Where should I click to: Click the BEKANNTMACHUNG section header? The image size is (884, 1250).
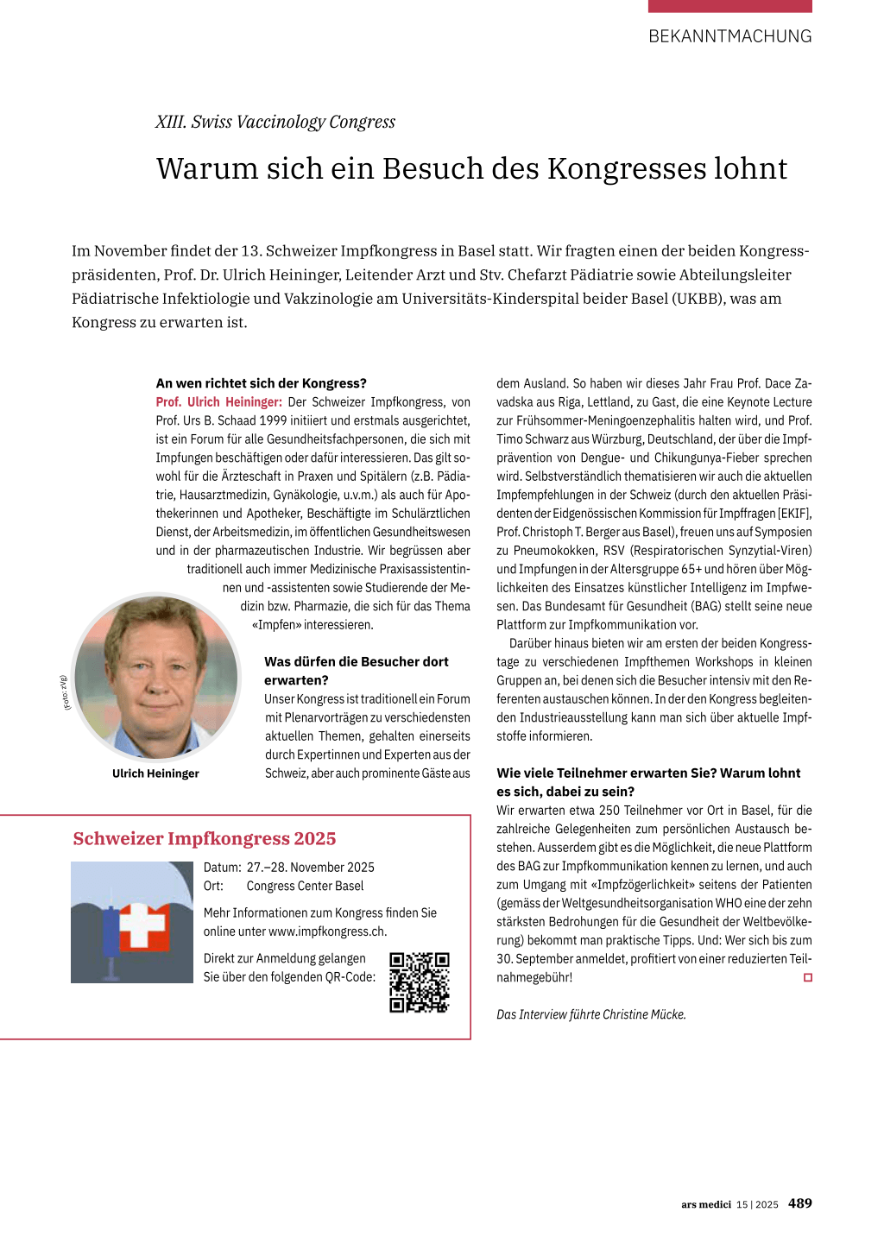point(729,36)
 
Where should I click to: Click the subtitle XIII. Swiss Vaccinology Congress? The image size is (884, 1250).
point(275,122)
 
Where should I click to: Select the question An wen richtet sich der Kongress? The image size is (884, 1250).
point(261,383)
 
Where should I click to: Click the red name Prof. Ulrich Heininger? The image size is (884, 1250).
point(218,402)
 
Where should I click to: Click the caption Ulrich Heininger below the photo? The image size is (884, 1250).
point(155,773)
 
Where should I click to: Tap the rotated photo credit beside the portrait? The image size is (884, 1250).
point(64,692)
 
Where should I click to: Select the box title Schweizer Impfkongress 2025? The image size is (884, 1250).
point(204,838)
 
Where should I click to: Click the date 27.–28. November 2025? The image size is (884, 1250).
point(311,868)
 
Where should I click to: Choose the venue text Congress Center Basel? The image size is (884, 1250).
point(305,887)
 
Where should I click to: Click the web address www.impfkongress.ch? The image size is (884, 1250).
point(327,931)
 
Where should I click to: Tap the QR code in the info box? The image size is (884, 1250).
point(420,982)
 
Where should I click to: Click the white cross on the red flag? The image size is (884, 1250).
point(142,925)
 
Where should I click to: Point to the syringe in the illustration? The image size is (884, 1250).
point(110,937)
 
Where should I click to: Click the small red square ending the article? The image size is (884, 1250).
point(808,978)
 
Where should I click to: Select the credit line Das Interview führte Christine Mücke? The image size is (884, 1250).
point(590,1014)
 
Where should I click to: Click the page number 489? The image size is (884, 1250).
point(800,1203)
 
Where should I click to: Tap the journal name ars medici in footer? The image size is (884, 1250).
point(705,1204)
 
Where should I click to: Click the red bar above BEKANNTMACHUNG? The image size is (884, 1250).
point(729,6)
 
